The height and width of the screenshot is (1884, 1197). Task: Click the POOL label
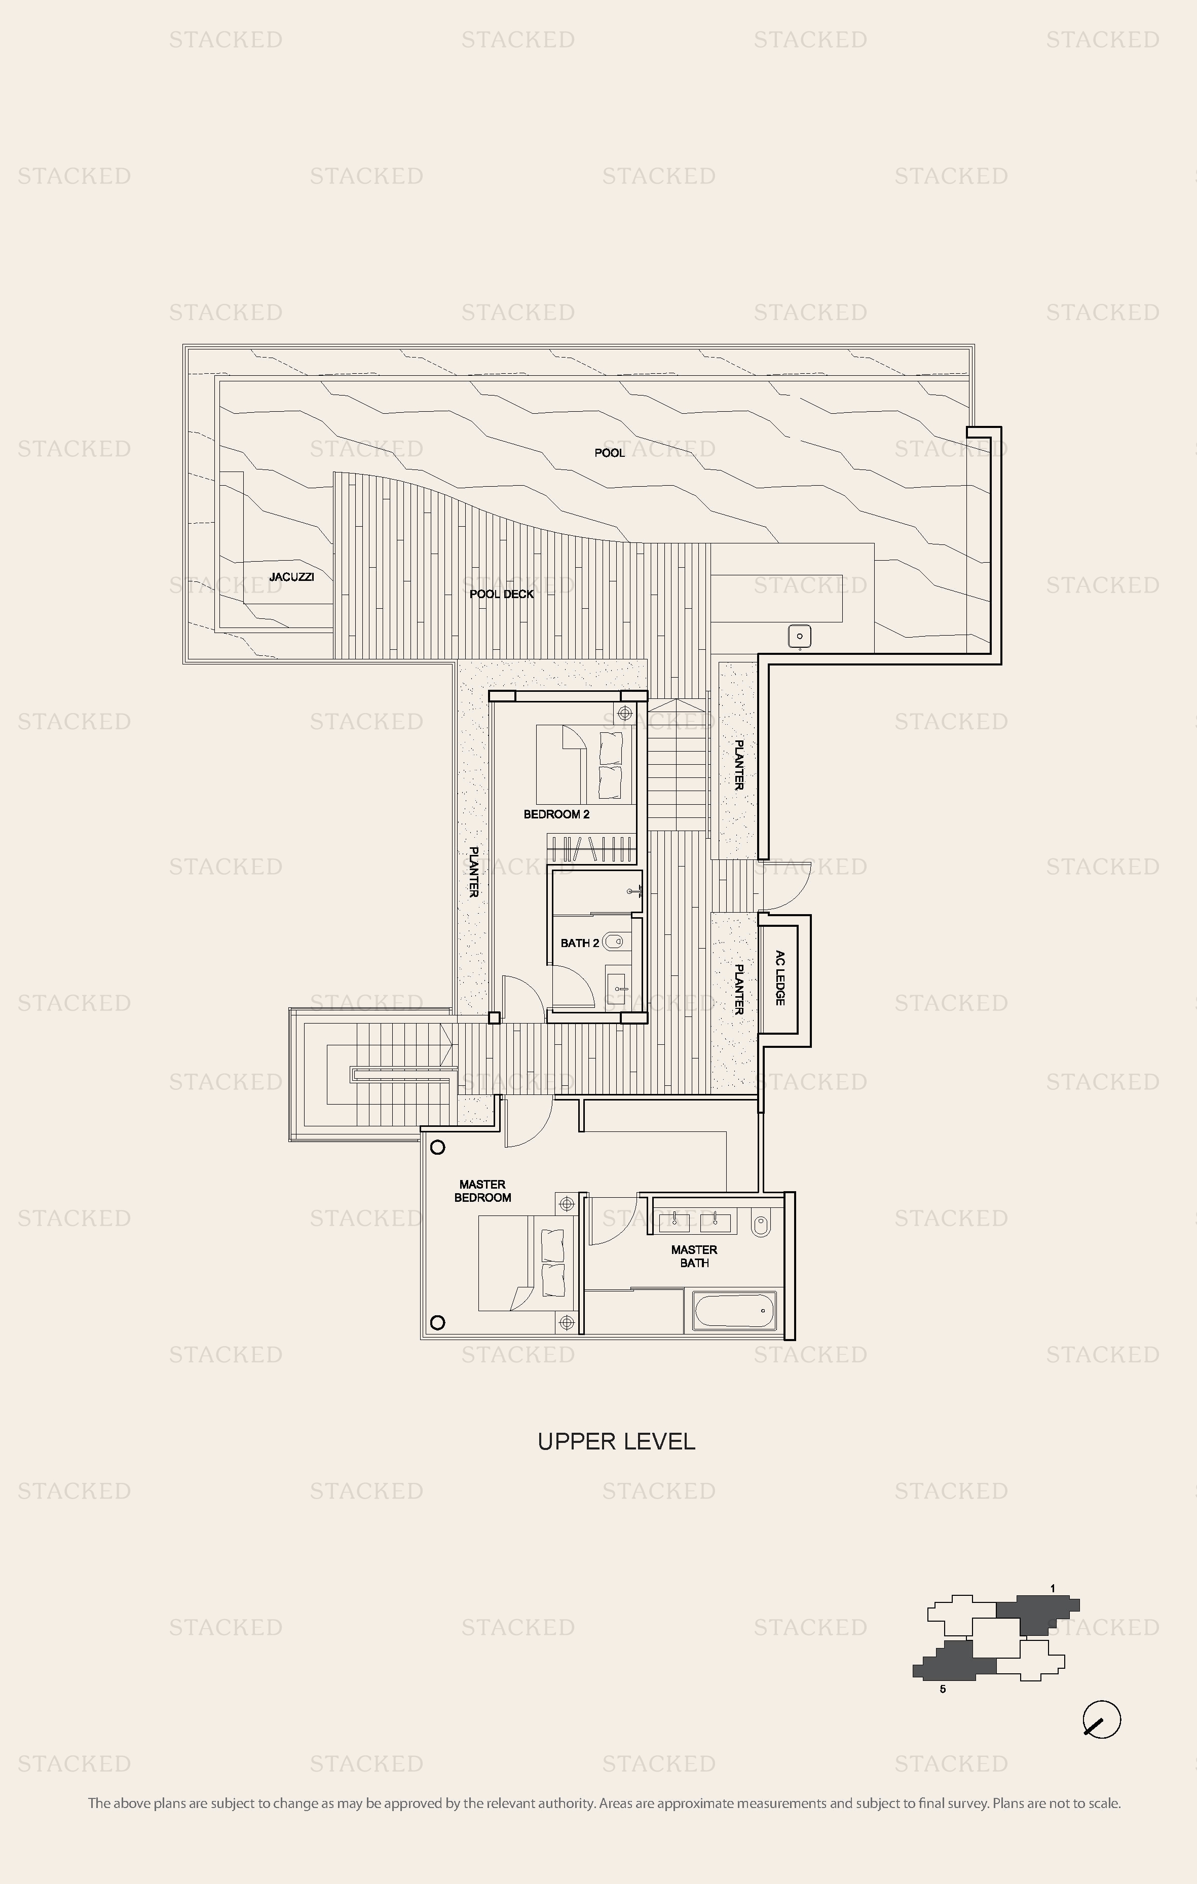609,452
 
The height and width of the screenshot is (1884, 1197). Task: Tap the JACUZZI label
291,577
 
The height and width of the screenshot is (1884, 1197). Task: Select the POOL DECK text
502,594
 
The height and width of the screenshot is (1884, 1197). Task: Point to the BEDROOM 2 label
556,814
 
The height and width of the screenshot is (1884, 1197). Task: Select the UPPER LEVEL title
617,1441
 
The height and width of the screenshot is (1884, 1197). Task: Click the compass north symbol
1102,1720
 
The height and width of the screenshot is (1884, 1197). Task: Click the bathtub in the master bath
733,1311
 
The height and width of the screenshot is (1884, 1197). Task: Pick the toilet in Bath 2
615,942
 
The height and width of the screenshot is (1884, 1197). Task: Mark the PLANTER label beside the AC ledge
737,989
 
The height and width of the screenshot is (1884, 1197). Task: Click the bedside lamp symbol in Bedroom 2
625,713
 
